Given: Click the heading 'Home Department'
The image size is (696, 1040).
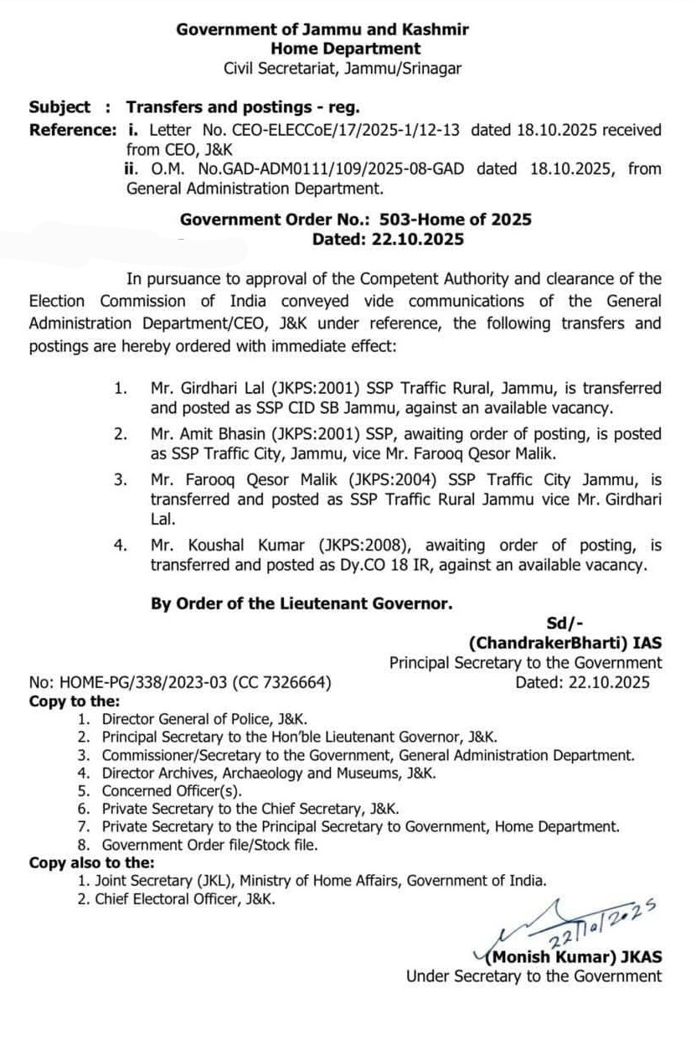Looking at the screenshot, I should (345, 49).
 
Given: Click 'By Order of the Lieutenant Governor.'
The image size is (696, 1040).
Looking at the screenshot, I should (302, 603).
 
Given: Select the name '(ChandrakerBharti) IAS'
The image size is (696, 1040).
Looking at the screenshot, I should (565, 643).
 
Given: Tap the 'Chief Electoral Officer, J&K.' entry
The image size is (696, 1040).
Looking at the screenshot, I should (184, 898).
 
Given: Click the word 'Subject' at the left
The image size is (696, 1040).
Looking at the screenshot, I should (59, 107).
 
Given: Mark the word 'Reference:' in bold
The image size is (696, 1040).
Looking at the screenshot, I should (72, 130).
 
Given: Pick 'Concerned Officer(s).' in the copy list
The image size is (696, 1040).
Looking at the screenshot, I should (171, 790).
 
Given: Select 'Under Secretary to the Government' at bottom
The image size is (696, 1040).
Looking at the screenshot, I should (534, 976).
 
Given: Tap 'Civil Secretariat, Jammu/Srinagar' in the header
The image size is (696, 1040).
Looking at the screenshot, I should (343, 69).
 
